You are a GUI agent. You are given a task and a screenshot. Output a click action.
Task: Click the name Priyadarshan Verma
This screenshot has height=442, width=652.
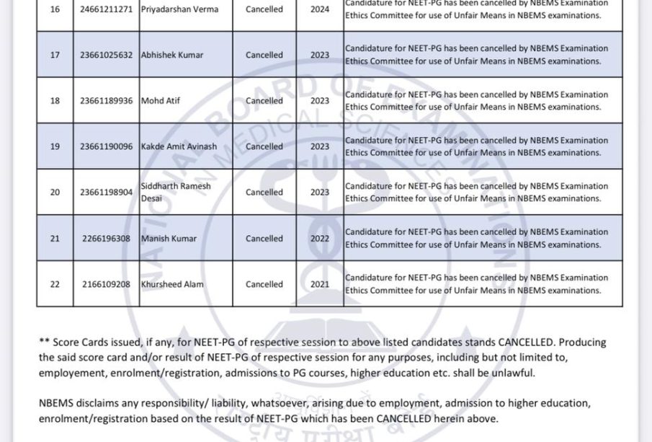tap(179, 10)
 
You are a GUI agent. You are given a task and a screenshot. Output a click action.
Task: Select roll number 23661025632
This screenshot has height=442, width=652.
tap(107, 56)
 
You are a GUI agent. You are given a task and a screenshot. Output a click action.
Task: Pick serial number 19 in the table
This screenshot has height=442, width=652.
tap(55, 146)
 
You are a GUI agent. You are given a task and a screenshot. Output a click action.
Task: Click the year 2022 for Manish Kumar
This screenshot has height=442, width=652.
tap(320, 239)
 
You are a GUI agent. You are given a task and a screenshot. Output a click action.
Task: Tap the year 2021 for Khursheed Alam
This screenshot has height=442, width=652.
tap(320, 284)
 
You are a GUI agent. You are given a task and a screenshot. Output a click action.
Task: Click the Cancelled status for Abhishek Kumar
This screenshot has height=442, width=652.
tap(264, 56)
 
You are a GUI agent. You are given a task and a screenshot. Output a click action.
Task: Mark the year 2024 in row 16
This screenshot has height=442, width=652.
tap(320, 10)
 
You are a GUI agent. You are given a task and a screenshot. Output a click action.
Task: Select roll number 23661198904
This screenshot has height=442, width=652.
tap(107, 193)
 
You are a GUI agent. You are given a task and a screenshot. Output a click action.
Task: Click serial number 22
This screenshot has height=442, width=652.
tap(55, 284)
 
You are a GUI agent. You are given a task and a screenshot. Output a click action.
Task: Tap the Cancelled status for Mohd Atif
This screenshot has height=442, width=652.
tap(264, 101)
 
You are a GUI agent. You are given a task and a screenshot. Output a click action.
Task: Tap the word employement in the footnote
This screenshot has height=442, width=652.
tap(70, 373)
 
